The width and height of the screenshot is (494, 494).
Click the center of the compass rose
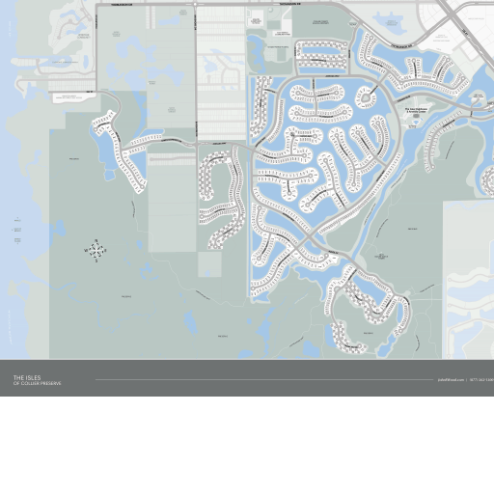(96, 251)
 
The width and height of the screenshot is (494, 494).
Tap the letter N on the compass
(96, 240)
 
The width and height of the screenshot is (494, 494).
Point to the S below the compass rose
(96, 261)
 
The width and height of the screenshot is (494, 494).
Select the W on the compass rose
(87, 251)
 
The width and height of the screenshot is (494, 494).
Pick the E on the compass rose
(106, 251)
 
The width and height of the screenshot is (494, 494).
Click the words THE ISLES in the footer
(27, 377)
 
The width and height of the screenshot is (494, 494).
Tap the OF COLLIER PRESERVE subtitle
(37, 384)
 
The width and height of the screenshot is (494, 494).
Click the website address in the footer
(451, 380)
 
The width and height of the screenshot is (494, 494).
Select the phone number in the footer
(481, 380)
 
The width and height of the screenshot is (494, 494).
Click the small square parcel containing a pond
(209, 263)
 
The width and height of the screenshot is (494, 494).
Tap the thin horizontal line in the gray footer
(261, 380)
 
